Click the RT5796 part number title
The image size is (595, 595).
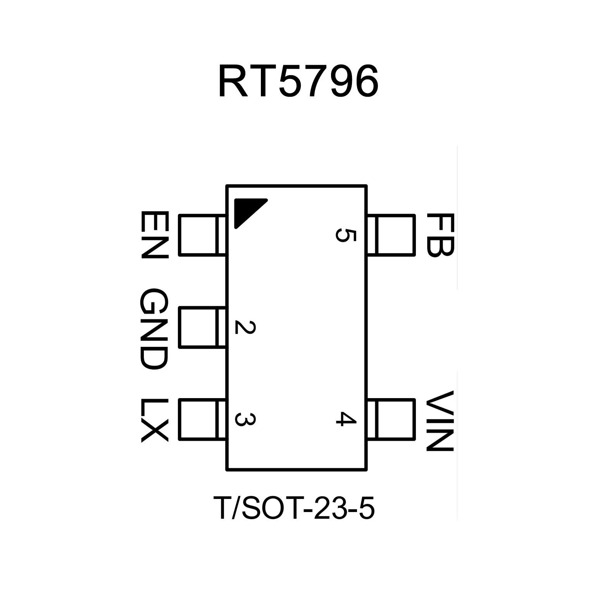(298, 82)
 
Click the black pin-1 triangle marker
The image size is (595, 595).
(248, 211)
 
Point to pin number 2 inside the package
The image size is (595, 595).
(245, 328)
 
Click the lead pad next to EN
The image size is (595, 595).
(202, 235)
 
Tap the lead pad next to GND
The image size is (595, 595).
(202, 328)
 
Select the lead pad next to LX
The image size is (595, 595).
(202, 420)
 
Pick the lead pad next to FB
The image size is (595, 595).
(391, 235)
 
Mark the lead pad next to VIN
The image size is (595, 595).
(391, 420)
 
